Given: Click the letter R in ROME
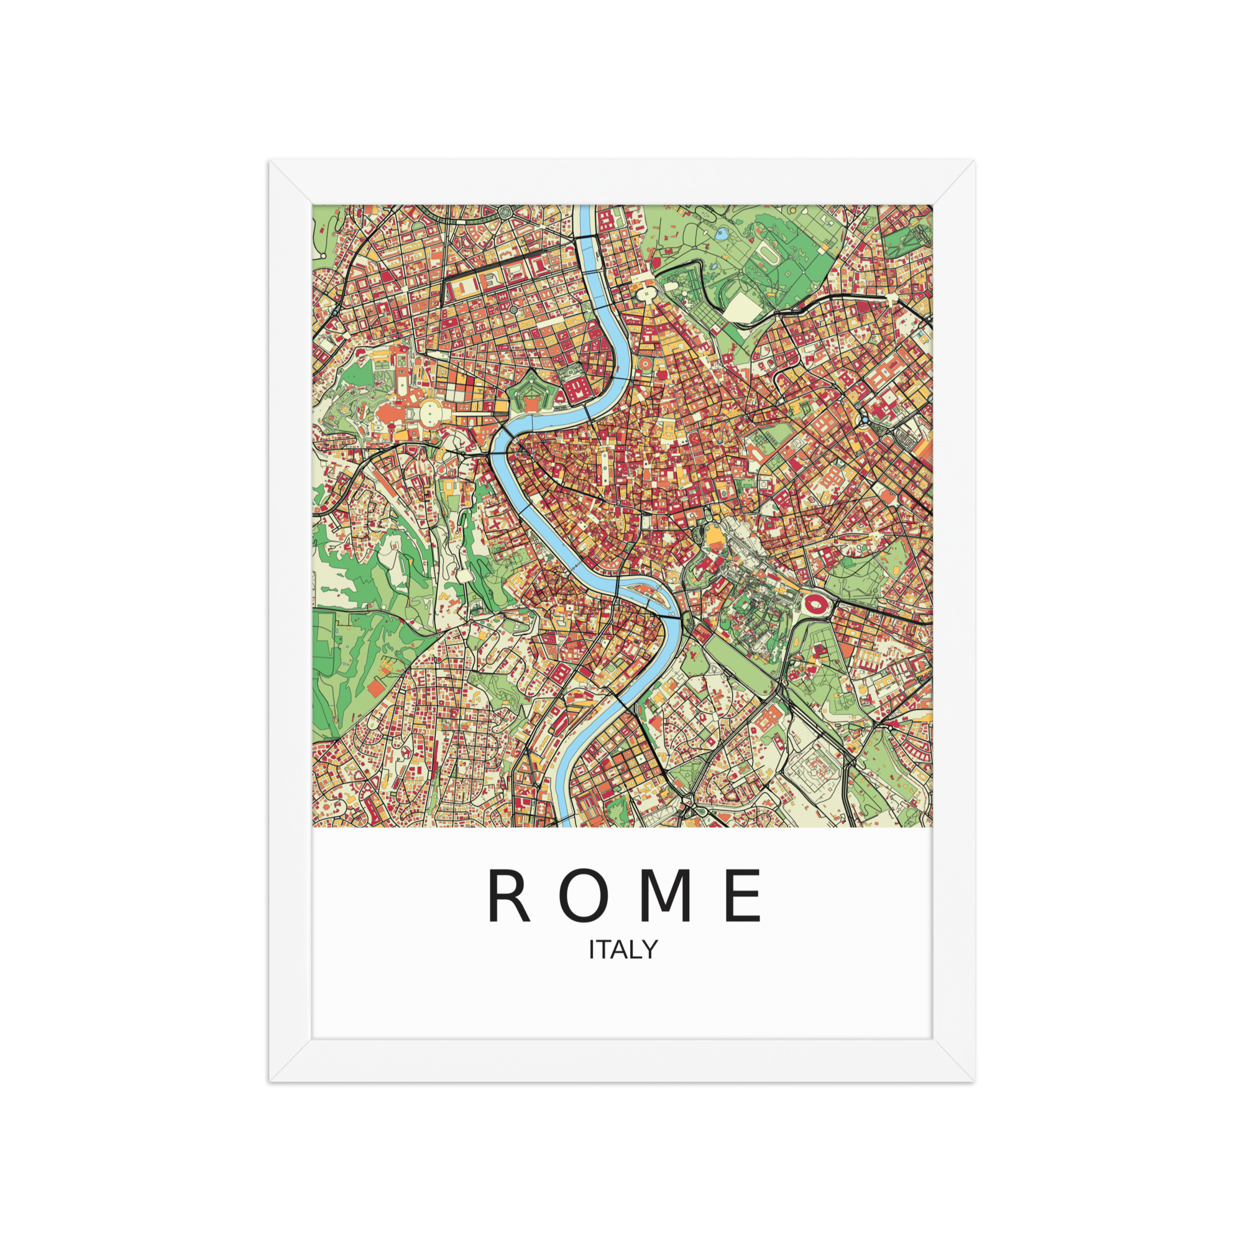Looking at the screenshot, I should [508, 896].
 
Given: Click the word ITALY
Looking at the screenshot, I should [623, 950].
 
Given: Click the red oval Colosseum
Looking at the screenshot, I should [815, 603].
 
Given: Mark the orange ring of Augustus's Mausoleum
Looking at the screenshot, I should [643, 365].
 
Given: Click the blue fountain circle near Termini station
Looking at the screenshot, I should [864, 420].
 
